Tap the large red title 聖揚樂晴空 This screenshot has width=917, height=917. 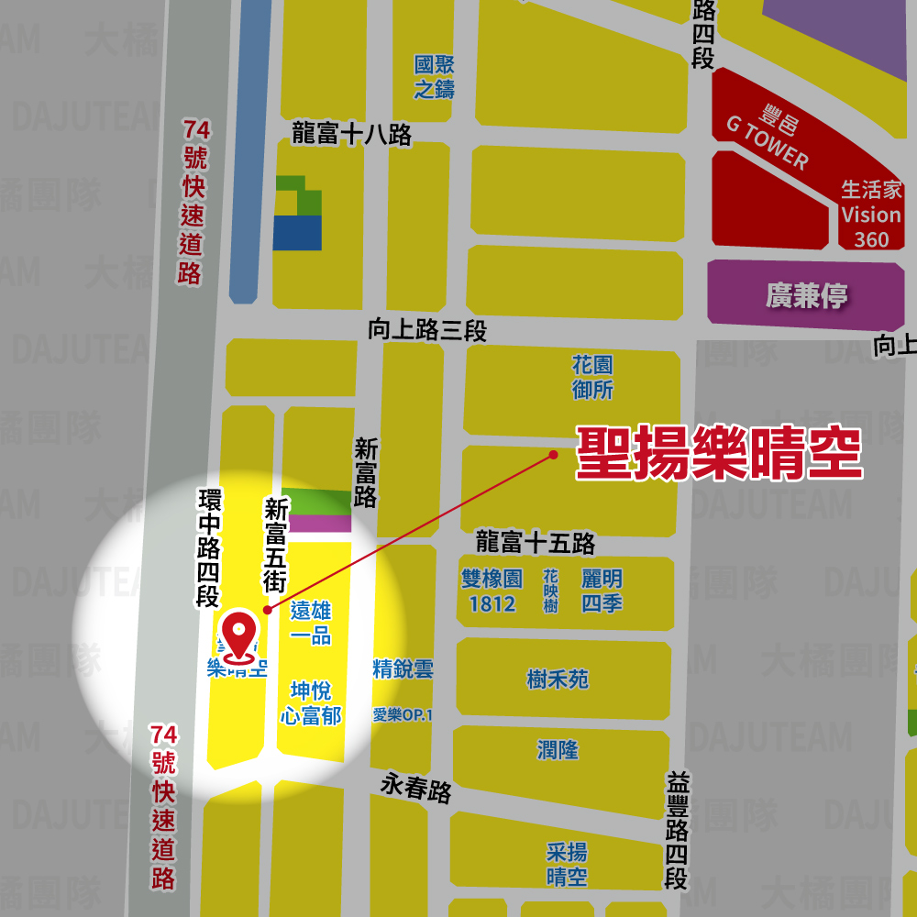pyautogui.click(x=719, y=452)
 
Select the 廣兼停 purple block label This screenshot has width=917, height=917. pyautogui.click(x=807, y=296)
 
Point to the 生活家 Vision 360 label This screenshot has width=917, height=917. pyautogui.click(x=871, y=215)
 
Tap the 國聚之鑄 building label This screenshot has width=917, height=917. pyautogui.click(x=434, y=77)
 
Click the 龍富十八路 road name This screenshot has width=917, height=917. pyautogui.click(x=351, y=135)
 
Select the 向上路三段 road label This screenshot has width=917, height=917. pyautogui.click(x=427, y=330)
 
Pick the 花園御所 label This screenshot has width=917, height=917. pyautogui.click(x=592, y=377)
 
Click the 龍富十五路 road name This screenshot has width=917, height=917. pyautogui.click(x=536, y=542)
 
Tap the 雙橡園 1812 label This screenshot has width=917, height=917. pyautogui.click(x=492, y=591)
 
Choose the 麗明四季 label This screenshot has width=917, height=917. pyautogui.click(x=602, y=591)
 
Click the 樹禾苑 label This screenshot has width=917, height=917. pyautogui.click(x=558, y=679)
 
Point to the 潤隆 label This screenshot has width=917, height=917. pyautogui.click(x=558, y=749)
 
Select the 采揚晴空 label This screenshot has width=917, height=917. pyautogui.click(x=567, y=864)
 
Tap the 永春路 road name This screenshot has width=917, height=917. pyautogui.click(x=417, y=787)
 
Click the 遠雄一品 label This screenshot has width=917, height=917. pyautogui.click(x=311, y=624)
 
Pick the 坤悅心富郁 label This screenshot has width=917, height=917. pyautogui.click(x=311, y=703)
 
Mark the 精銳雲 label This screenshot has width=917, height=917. pyautogui.click(x=403, y=668)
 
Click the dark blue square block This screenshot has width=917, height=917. pyautogui.click(x=297, y=233)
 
